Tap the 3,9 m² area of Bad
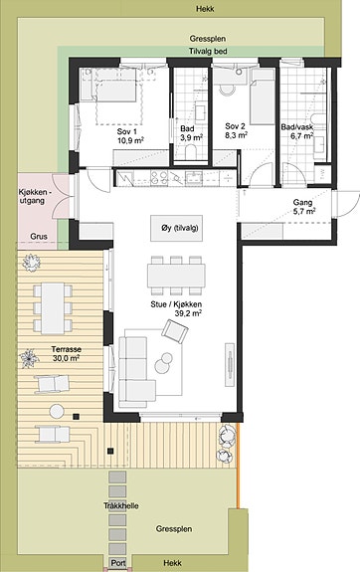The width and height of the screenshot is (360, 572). point(191,138)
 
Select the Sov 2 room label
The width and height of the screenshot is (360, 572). point(236,126)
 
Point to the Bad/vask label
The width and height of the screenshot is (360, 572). point(297,127)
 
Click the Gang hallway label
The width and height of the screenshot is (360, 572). point(302,203)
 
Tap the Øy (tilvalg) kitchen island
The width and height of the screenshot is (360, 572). point(177,228)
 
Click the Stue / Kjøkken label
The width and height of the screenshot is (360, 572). point(176,304)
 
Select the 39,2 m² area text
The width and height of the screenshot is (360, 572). point(188,313)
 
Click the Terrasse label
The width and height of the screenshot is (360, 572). point(66,349)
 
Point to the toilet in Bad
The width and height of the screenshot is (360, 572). point(191,152)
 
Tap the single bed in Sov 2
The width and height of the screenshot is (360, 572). point(263,97)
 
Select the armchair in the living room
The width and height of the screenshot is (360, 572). point(175,331)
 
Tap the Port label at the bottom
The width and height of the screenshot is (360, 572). point(118,563)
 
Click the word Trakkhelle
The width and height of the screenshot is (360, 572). point(120,506)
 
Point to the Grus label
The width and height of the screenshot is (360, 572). point(39,237)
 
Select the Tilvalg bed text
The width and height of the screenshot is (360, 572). point(208,52)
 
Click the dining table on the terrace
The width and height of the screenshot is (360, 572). point(53,308)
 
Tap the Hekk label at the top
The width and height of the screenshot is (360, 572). point(205,9)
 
